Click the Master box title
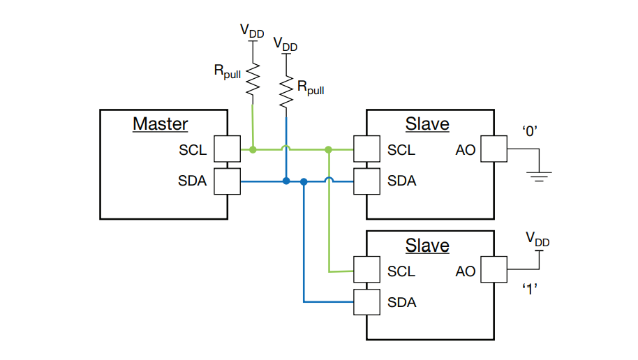click(161, 124)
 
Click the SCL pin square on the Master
click(227, 149)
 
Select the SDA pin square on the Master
click(227, 181)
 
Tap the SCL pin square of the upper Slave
click(367, 149)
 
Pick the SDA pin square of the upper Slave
click(367, 181)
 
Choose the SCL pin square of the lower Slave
click(367, 271)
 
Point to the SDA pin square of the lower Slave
click(367, 302)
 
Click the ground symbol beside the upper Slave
click(538, 175)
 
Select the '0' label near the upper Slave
click(529, 130)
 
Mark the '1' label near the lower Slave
click(530, 289)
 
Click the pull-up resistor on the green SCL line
click(252, 78)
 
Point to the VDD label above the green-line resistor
click(252, 31)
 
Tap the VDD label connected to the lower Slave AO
click(538, 239)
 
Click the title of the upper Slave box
click(427, 124)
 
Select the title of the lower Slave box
click(427, 246)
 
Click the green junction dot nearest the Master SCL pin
click(253, 149)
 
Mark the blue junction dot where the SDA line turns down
click(304, 181)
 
